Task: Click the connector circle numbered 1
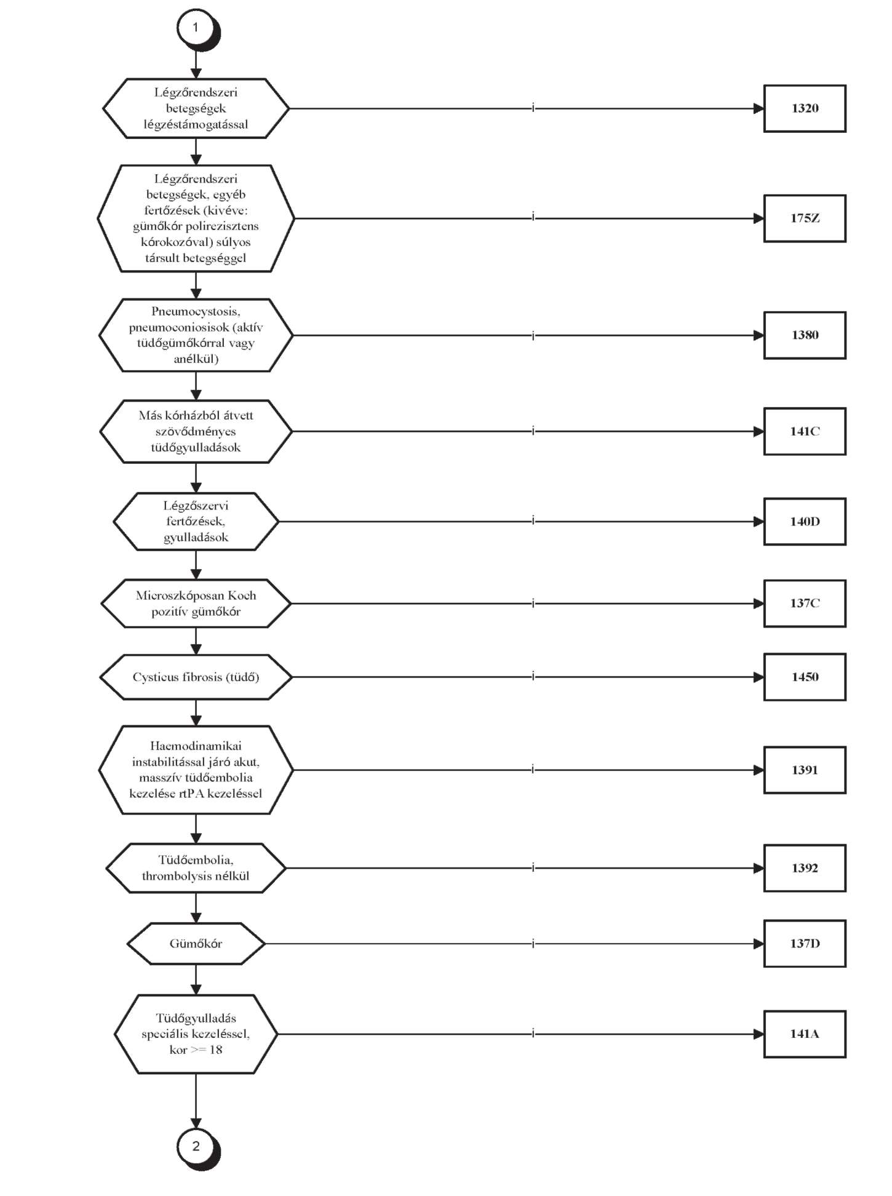[196, 28]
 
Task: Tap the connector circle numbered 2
[196, 1146]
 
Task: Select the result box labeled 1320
[805, 108]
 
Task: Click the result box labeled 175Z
[805, 218]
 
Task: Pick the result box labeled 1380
[805, 335]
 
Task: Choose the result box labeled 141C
[805, 431]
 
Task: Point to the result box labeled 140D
[805, 522]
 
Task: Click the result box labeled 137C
[805, 604]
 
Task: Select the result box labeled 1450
[805, 677]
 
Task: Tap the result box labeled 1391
[805, 770]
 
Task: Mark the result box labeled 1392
[805, 868]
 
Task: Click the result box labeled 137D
[805, 944]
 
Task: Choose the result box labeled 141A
[805, 1034]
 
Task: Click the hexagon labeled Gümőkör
[196, 944]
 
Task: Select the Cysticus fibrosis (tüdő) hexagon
[196, 677]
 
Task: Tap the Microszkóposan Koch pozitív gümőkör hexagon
[196, 604]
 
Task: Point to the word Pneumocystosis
[196, 311]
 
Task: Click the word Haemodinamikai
[196, 746]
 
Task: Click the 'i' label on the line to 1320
[533, 108]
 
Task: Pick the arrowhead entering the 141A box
[759, 1034]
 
